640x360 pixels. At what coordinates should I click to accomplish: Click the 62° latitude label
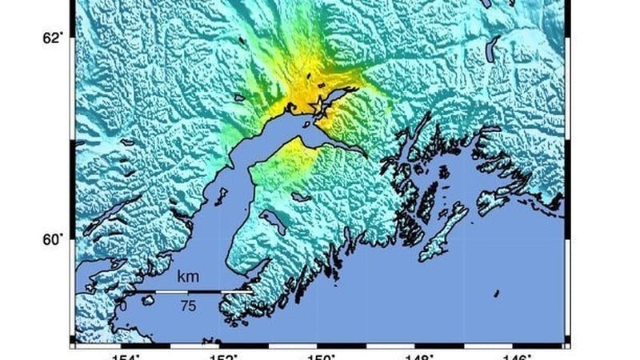[x=52, y=38]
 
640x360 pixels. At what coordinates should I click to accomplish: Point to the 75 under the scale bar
[x=188, y=306]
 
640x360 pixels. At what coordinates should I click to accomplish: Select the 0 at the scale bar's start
[x=122, y=306]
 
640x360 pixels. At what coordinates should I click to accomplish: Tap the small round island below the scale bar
[x=147, y=299]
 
